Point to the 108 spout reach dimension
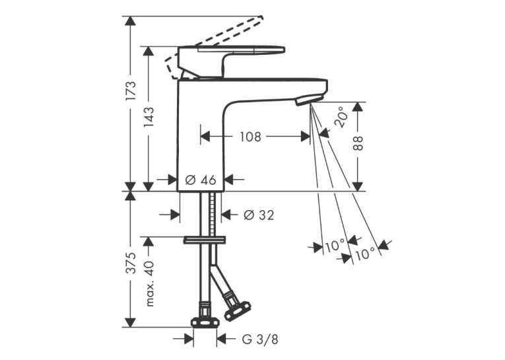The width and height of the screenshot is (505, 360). pos(250,137)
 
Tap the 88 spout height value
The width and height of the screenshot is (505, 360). pos(358,143)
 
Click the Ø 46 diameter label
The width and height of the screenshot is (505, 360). pos(201,180)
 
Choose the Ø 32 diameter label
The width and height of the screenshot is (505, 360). pos(259,215)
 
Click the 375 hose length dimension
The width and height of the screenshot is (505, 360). pos(131,264)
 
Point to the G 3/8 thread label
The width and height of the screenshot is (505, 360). pos(260,339)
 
